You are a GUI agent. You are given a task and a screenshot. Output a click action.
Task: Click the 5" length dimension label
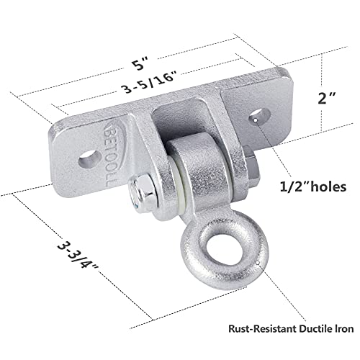pos(140,63)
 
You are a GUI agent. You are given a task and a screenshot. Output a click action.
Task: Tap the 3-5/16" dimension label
pos(149,81)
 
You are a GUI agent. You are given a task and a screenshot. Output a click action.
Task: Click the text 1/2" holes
pos(313,186)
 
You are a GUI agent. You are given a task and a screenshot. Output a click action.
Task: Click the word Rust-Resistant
pos(262,328)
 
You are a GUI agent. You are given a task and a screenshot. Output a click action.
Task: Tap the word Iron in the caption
pos(345,328)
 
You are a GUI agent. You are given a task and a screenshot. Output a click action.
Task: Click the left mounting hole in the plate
pos(89,159)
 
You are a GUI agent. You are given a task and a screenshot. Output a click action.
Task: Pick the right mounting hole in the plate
pos(259,116)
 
